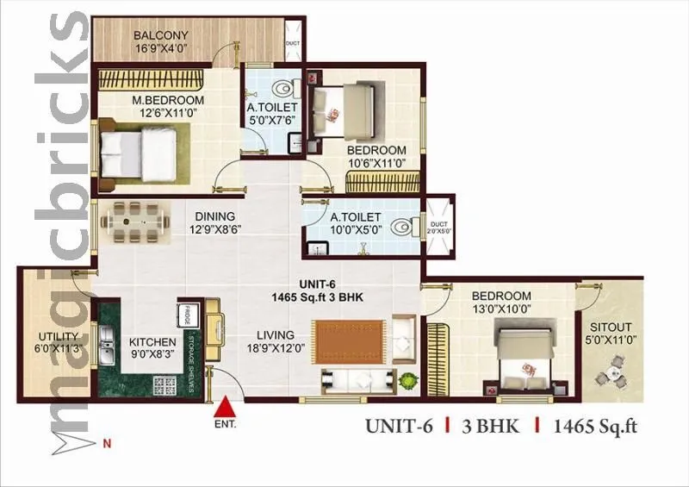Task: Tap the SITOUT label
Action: (x=611, y=327)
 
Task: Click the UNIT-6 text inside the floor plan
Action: (x=313, y=282)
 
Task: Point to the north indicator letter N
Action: (x=107, y=445)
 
